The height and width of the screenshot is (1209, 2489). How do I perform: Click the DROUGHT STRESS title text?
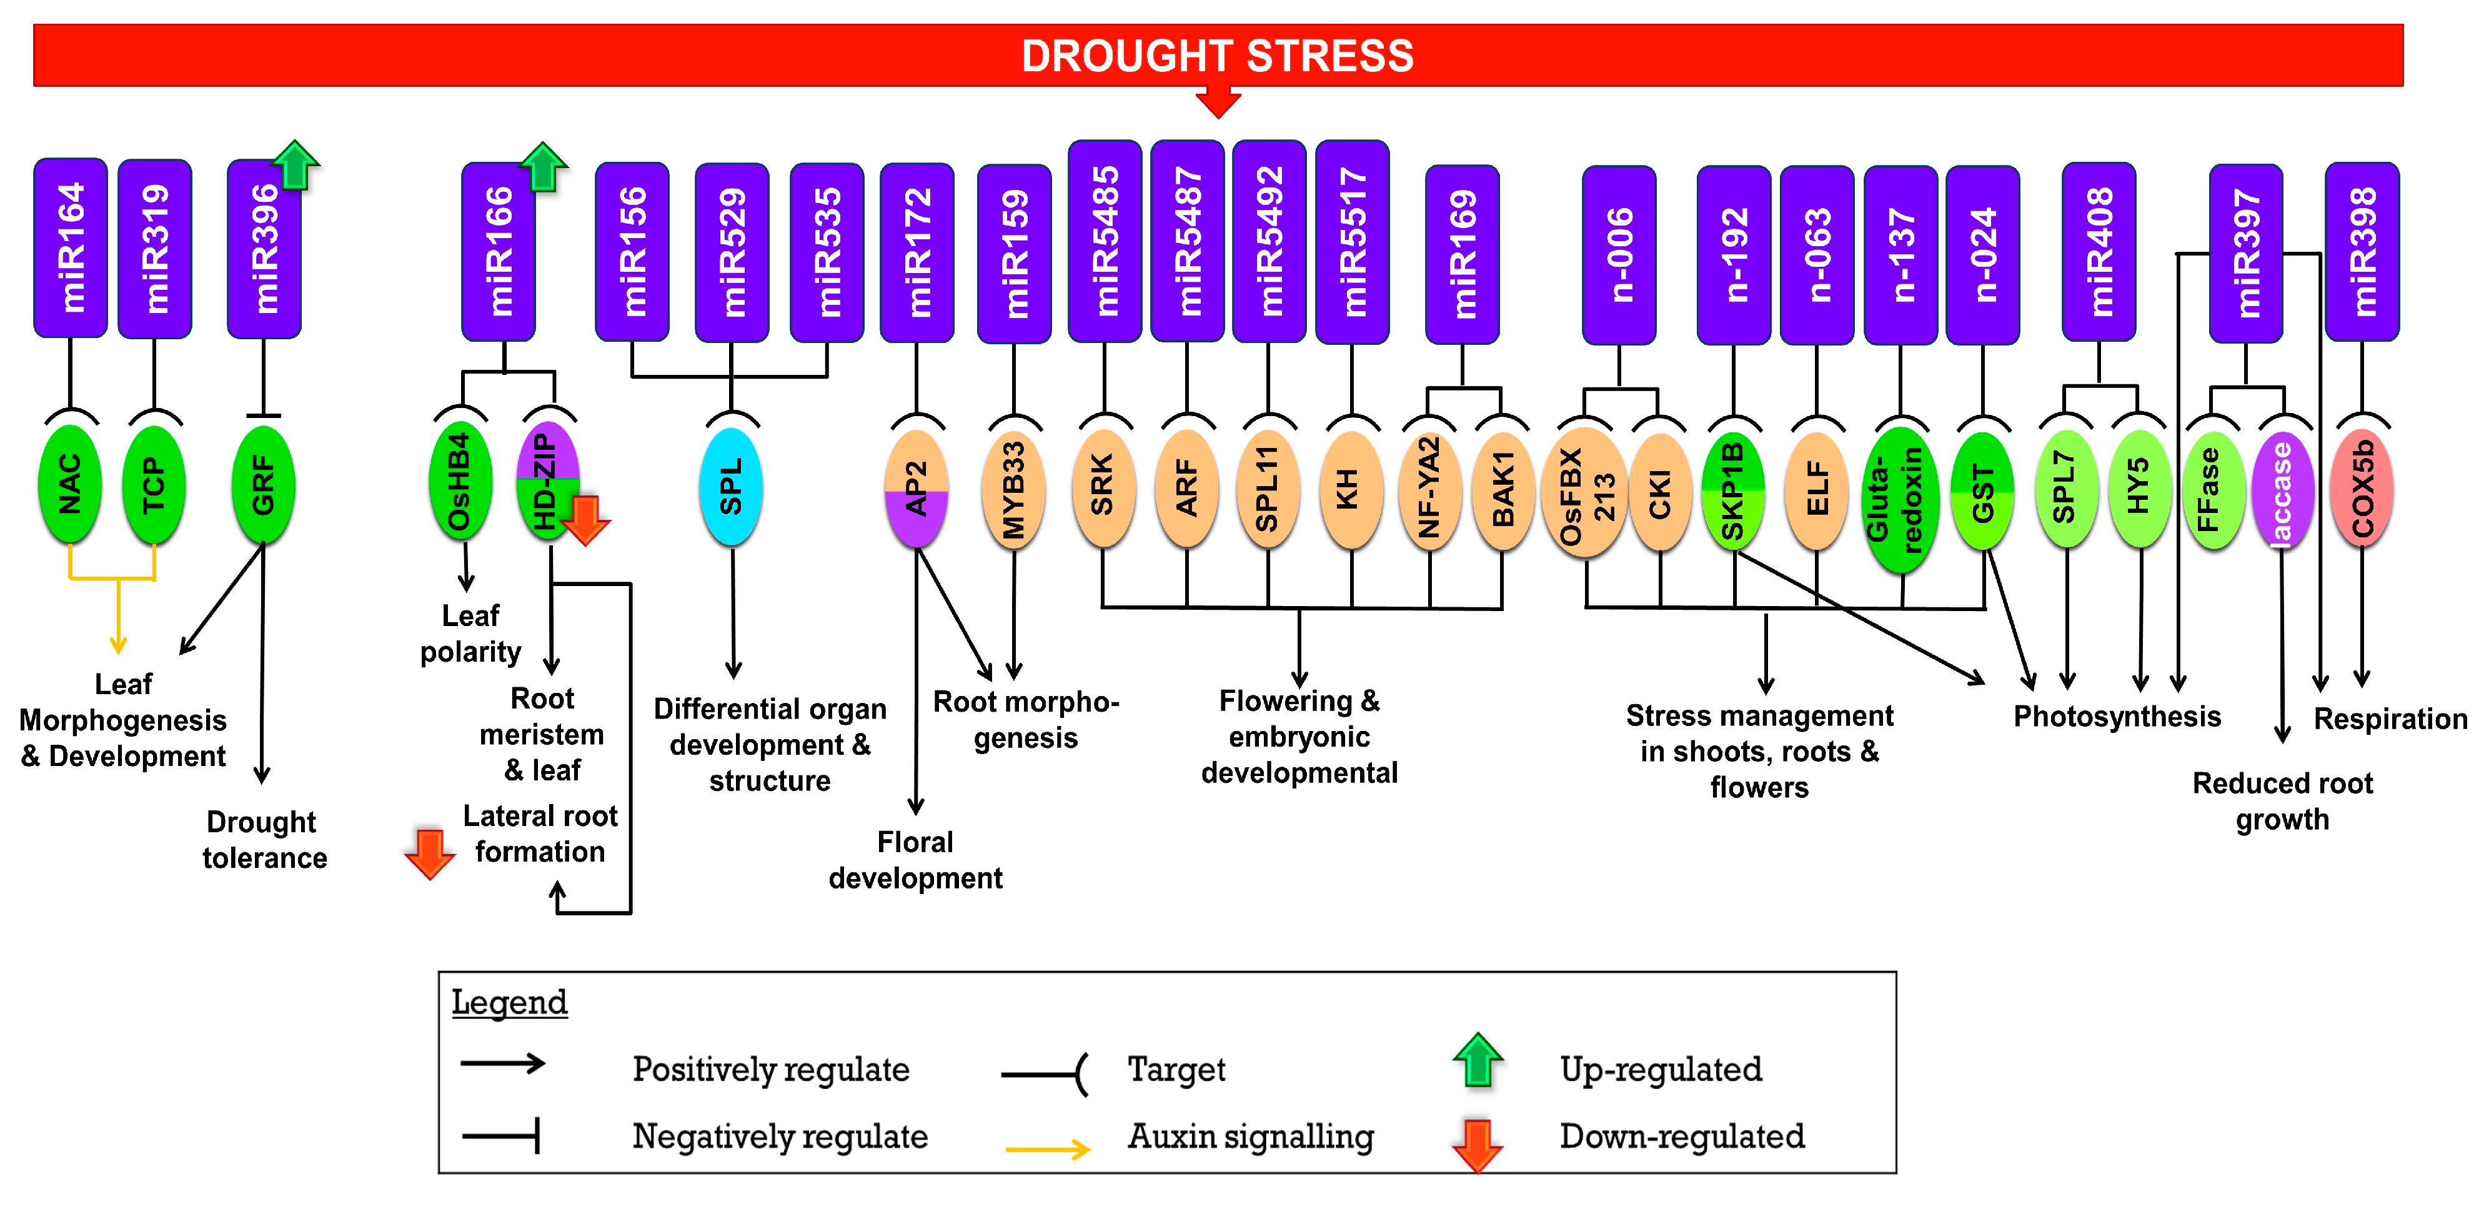click(x=1218, y=56)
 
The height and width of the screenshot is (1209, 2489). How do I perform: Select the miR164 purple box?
click(x=71, y=249)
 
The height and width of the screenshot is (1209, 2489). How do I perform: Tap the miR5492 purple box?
click(x=1269, y=242)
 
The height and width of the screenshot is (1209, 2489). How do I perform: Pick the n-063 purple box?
click(x=1817, y=255)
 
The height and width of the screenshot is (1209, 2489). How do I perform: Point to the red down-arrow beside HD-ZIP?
click(x=585, y=520)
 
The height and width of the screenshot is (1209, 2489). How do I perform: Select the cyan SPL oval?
click(x=732, y=486)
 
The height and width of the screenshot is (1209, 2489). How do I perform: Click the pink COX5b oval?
click(x=2362, y=488)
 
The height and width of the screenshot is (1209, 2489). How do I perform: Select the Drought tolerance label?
click(x=264, y=840)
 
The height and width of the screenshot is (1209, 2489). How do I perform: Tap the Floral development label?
click(x=915, y=860)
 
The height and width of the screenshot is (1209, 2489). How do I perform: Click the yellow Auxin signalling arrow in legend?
click(x=1047, y=1149)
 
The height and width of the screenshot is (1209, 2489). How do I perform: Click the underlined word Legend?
click(x=509, y=1002)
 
